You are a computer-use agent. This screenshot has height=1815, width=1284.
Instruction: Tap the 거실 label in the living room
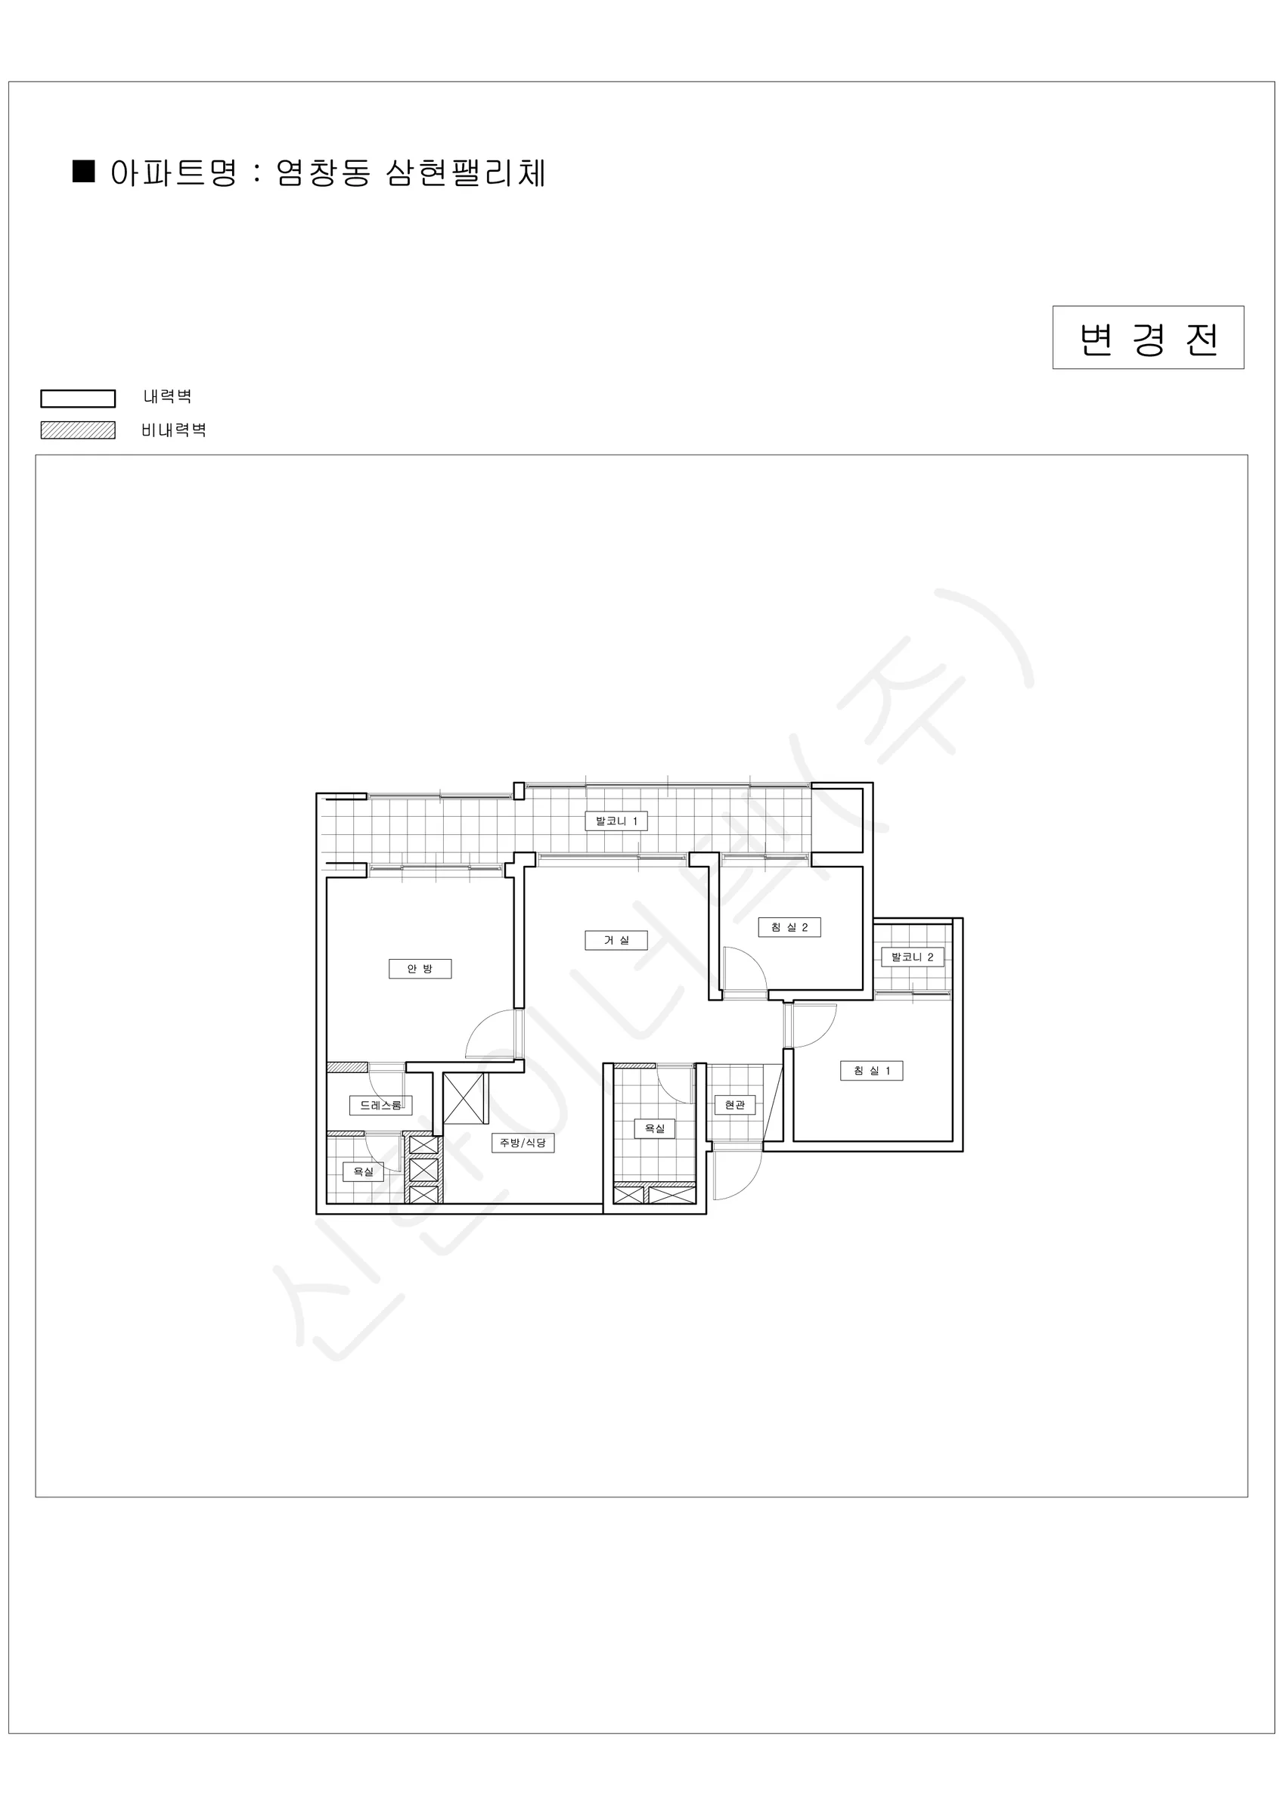(x=616, y=940)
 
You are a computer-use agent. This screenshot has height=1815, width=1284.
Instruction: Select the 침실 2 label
(x=789, y=927)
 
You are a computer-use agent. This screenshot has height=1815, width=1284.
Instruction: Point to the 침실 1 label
(x=871, y=1070)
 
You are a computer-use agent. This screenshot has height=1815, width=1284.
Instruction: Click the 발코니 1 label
(x=616, y=821)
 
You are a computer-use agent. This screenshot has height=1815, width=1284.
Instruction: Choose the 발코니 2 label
(x=913, y=957)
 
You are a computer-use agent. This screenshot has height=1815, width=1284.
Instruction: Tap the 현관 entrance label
(x=734, y=1104)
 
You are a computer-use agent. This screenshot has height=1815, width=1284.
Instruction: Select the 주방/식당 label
(x=523, y=1142)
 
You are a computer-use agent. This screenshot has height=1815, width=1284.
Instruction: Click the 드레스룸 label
(x=380, y=1105)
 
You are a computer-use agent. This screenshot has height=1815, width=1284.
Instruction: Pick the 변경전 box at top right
(x=1148, y=337)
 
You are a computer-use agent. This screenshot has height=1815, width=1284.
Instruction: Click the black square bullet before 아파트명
(x=84, y=171)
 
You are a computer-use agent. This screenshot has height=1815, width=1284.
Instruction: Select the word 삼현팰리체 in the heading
(x=466, y=172)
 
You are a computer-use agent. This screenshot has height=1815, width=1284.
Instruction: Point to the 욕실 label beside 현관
(x=655, y=1128)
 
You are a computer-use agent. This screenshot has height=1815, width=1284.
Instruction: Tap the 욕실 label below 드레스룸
(x=363, y=1171)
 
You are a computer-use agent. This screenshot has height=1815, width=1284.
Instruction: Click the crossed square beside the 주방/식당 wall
(x=464, y=1098)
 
